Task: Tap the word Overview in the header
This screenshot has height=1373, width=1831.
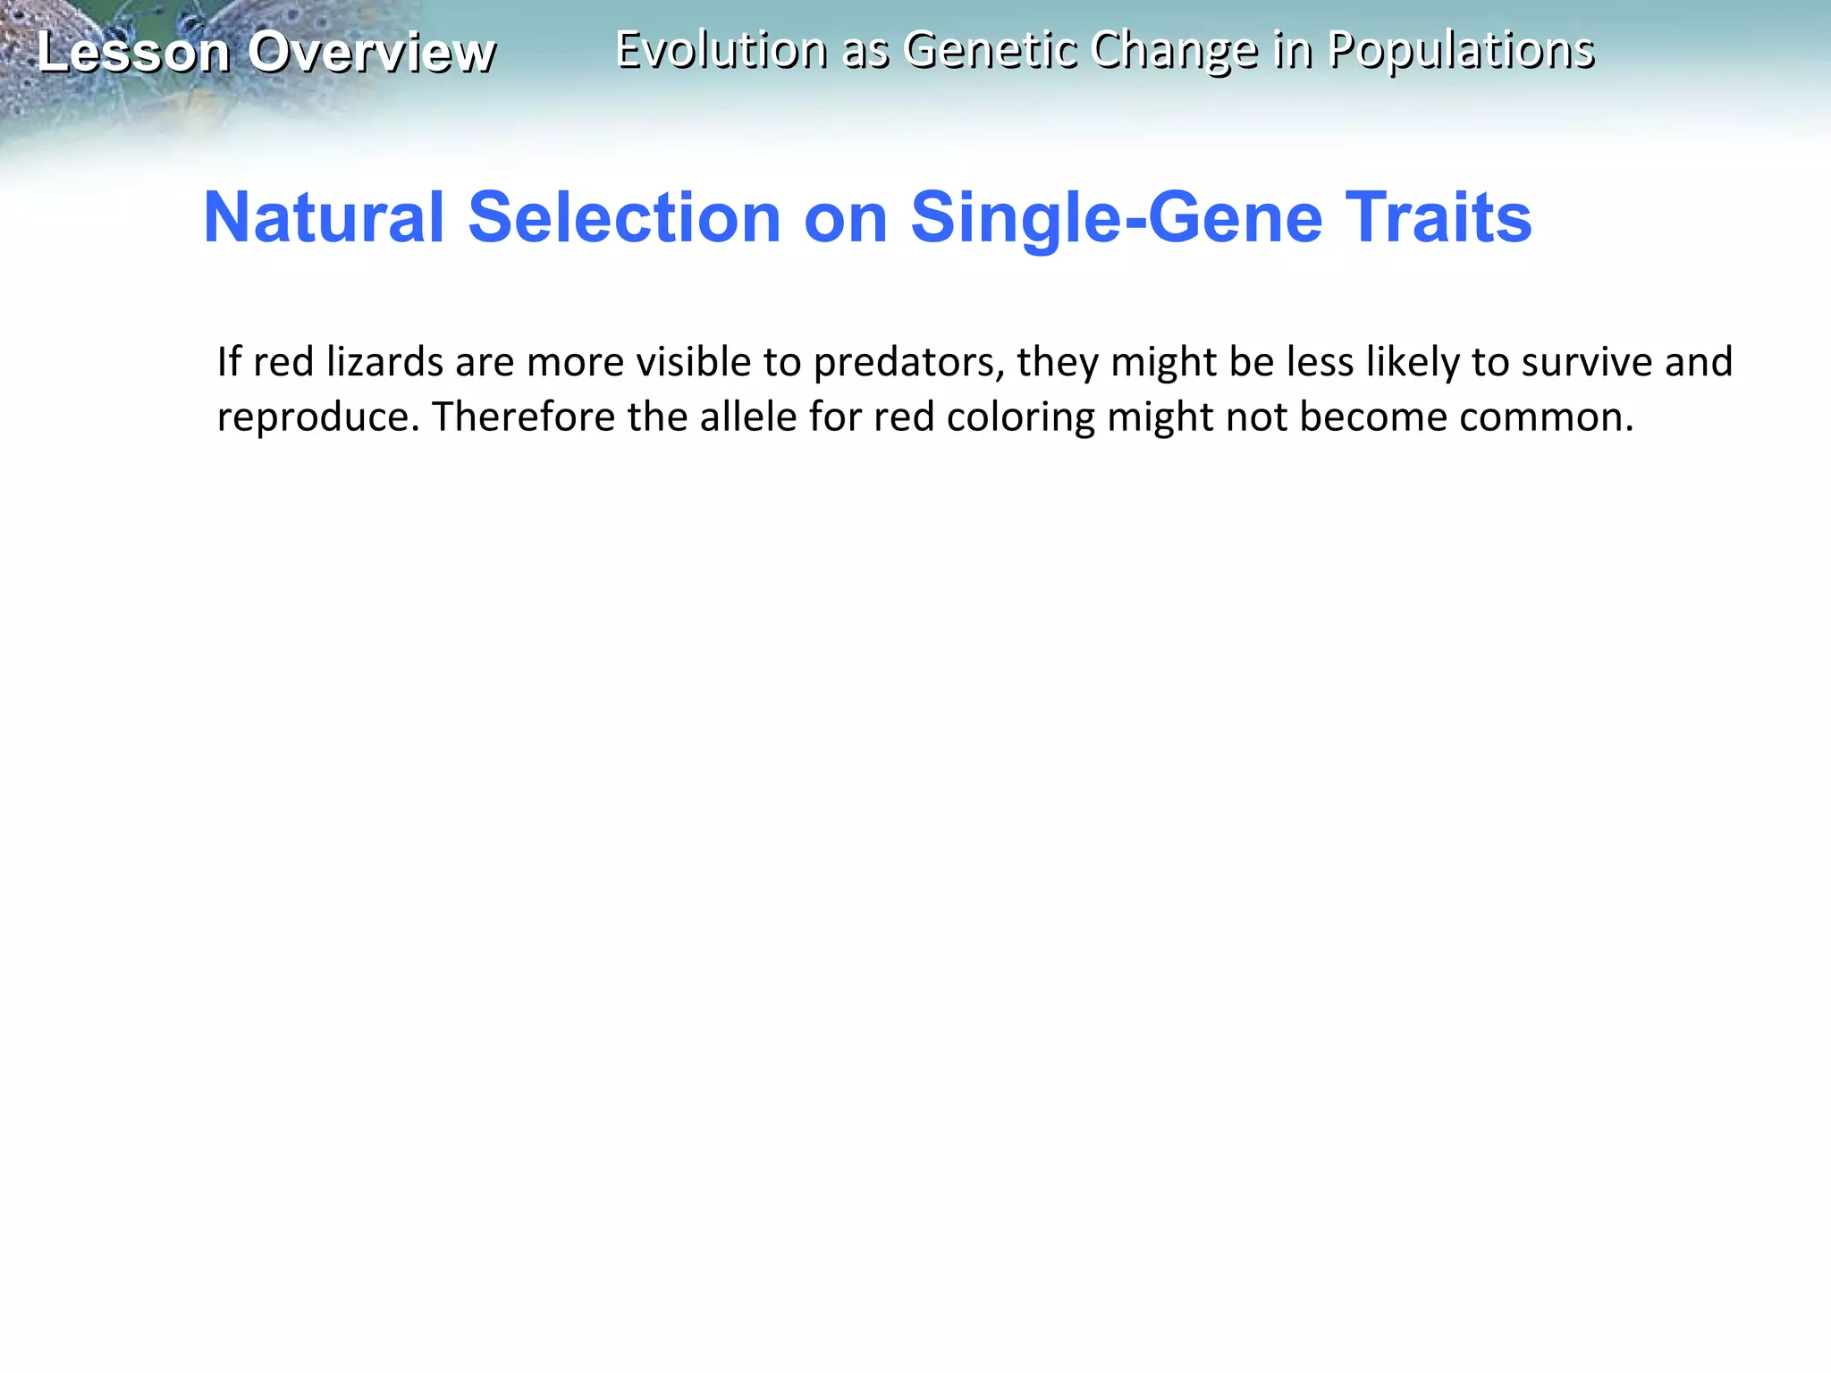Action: pyautogui.click(x=371, y=52)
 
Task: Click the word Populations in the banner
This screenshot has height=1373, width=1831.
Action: pyautogui.click(x=1461, y=51)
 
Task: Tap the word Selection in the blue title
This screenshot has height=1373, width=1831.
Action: pyautogui.click(x=624, y=217)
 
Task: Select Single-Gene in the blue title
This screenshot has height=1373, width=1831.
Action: pyautogui.click(x=1116, y=219)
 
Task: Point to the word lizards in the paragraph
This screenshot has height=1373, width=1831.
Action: pyautogui.click(x=384, y=362)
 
